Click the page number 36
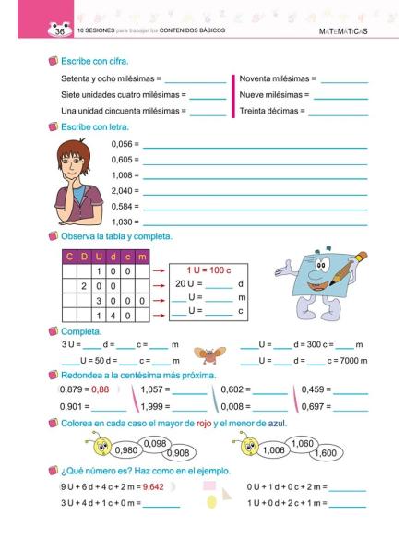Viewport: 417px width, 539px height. tap(35, 31)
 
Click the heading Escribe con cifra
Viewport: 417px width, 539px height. tap(95, 61)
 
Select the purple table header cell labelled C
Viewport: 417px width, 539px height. tap(68, 256)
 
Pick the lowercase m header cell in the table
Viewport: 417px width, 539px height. tap(141, 256)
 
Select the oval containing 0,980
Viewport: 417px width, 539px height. tap(127, 451)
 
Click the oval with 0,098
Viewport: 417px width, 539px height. tap(156, 444)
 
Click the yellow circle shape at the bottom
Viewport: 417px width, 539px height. tap(211, 501)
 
